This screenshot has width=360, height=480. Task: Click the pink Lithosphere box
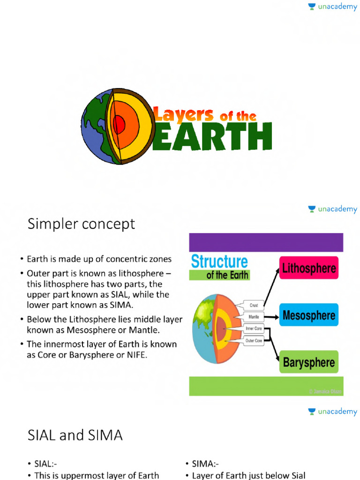pyautogui.click(x=308, y=268)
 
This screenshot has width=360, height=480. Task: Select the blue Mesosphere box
pyautogui.click(x=308, y=315)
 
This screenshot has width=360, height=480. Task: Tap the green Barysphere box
pyautogui.click(x=308, y=362)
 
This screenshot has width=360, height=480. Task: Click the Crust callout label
pyautogui.click(x=254, y=305)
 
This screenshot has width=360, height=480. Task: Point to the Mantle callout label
pyautogui.click(x=254, y=316)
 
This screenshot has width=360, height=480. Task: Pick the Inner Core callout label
pyautogui.click(x=254, y=329)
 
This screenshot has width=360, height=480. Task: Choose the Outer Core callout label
pyautogui.click(x=254, y=341)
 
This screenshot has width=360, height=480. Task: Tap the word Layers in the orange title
pyautogui.click(x=183, y=114)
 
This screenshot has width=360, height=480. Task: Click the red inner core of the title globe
pyautogui.click(x=119, y=125)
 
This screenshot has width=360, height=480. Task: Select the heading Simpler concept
pyautogui.click(x=81, y=224)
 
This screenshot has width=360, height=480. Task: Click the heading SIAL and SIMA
pyautogui.click(x=75, y=435)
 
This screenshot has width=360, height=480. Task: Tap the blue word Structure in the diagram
pyautogui.click(x=219, y=262)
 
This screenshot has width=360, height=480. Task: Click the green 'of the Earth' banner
pyautogui.click(x=219, y=275)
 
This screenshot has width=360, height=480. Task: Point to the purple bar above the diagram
pyautogui.click(x=266, y=242)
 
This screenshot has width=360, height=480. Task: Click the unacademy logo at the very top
pyautogui.click(x=332, y=7)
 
